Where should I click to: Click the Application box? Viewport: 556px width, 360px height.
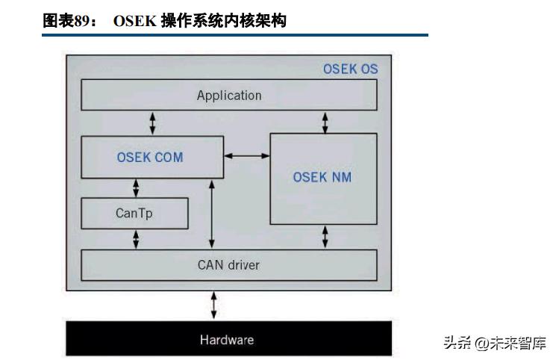(229, 95)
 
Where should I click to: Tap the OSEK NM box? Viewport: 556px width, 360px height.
(322, 178)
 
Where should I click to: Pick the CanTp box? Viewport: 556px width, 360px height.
(134, 213)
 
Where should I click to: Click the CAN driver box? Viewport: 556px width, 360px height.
(229, 265)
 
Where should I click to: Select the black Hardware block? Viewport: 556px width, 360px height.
(229, 340)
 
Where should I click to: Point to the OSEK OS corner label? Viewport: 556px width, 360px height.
(350, 69)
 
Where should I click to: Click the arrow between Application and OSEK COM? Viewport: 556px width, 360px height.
(153, 122)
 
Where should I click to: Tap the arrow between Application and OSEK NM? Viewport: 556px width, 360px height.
(326, 122)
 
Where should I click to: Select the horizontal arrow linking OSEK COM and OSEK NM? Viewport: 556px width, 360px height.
(247, 155)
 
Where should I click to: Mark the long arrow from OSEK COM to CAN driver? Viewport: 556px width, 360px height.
(212, 214)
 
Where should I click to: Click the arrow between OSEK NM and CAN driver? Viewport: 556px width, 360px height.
(325, 237)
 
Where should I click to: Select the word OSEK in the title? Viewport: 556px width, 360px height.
(133, 22)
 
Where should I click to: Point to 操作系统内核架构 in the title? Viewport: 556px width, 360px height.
(221, 22)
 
